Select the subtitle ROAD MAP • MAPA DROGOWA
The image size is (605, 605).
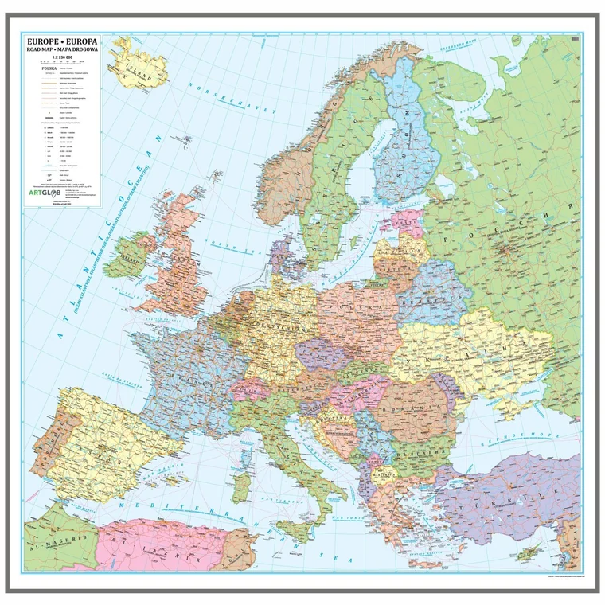pyautogui.click(x=63, y=49)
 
